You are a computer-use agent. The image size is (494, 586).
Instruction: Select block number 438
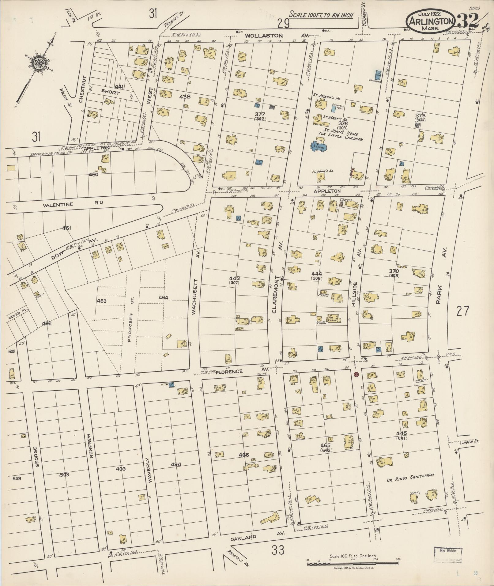coord(185,97)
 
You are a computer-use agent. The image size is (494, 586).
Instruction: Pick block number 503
coord(64,475)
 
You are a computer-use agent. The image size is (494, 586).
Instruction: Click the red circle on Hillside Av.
coord(356,374)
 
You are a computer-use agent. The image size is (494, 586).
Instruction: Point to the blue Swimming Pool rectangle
coord(333,109)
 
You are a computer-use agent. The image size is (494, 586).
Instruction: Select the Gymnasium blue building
coord(378,74)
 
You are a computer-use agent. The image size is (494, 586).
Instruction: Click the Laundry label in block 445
coord(414,493)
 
